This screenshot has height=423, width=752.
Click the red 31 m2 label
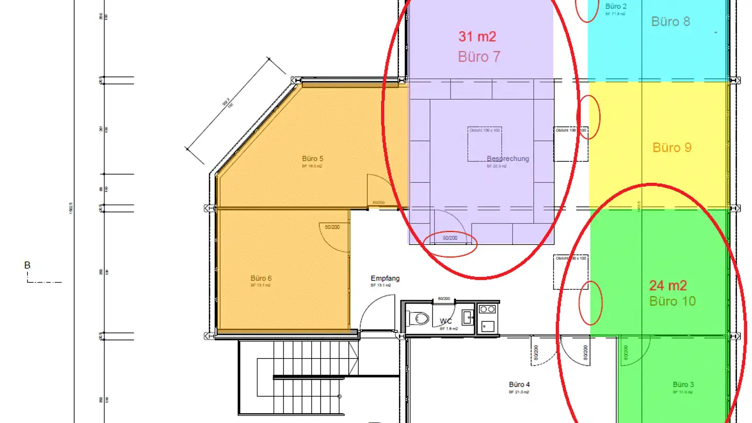(x=477, y=37)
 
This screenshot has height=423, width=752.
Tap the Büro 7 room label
(x=479, y=56)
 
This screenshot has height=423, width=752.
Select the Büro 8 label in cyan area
(x=671, y=21)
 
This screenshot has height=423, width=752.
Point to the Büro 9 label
(x=672, y=148)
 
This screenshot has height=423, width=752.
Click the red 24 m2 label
(x=668, y=286)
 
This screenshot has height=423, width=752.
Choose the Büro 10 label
(x=672, y=301)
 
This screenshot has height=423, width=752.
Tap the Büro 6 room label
(x=262, y=278)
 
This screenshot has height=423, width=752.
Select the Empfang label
(x=385, y=278)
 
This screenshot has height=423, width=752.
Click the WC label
(x=445, y=321)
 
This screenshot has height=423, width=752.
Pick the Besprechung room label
(x=508, y=159)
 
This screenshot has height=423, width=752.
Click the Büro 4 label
(x=519, y=385)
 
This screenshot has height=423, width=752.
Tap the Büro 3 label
(x=683, y=385)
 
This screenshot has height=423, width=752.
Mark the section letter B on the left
(x=27, y=265)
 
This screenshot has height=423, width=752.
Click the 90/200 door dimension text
(x=450, y=238)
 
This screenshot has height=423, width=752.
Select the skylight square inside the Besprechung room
(x=484, y=144)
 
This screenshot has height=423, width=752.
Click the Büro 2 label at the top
(x=616, y=6)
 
